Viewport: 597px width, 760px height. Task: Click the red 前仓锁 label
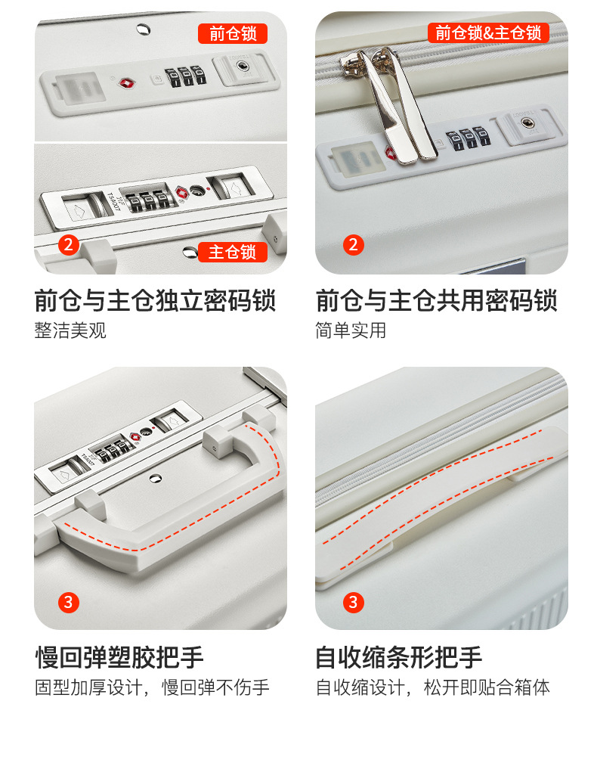[233, 33]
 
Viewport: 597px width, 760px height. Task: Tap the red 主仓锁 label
[233, 252]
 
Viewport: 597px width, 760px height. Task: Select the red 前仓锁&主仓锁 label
[488, 33]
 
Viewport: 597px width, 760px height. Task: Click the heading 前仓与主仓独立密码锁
[155, 300]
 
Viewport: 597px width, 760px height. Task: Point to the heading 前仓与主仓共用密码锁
[436, 300]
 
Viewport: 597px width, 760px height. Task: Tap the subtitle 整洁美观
[70, 330]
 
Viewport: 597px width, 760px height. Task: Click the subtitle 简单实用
[351, 330]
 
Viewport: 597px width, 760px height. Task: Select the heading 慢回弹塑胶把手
[119, 657]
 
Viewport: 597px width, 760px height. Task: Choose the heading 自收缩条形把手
[399, 657]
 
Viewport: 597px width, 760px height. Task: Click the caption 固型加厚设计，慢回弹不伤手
[152, 687]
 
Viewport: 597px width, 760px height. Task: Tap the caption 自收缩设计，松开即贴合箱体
[433, 687]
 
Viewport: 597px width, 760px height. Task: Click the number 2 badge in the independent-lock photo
[69, 245]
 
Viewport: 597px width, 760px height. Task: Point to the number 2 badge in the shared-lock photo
[354, 245]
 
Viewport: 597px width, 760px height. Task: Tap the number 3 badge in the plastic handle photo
[69, 603]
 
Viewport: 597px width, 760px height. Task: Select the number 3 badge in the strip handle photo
[354, 603]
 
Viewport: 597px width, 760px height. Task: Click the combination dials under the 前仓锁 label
[186, 76]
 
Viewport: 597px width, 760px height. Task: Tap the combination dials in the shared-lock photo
[469, 138]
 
